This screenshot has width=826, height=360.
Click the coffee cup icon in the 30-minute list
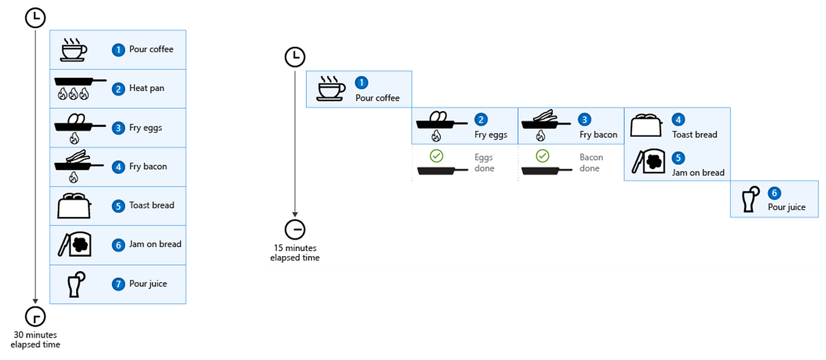pyautogui.click(x=74, y=50)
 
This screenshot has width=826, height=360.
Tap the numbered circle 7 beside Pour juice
pyautogui.click(x=118, y=284)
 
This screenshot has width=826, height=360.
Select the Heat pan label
pyautogui.click(x=147, y=88)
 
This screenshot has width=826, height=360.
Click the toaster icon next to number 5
pyautogui.click(x=74, y=206)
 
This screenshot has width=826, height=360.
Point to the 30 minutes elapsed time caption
pyautogui.click(x=35, y=339)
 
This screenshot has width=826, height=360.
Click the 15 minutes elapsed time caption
pyautogui.click(x=294, y=252)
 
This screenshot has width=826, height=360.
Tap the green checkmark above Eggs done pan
pyautogui.click(x=436, y=156)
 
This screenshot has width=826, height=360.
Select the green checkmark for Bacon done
pyautogui.click(x=542, y=156)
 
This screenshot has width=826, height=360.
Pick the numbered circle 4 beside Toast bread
pyautogui.click(x=678, y=120)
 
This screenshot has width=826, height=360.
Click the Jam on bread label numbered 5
pyautogui.click(x=698, y=172)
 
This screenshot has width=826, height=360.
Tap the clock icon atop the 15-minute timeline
pyautogui.click(x=294, y=57)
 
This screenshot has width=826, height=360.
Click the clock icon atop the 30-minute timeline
pyautogui.click(x=35, y=18)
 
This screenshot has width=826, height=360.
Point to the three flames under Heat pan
pyautogui.click(x=72, y=94)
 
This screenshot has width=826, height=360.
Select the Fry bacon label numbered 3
pyautogui.click(x=598, y=134)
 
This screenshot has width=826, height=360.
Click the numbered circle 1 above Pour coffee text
pyautogui.click(x=362, y=83)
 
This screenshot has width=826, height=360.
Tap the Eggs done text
pyautogui.click(x=484, y=162)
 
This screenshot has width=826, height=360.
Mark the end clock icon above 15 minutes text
pyautogui.click(x=294, y=230)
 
